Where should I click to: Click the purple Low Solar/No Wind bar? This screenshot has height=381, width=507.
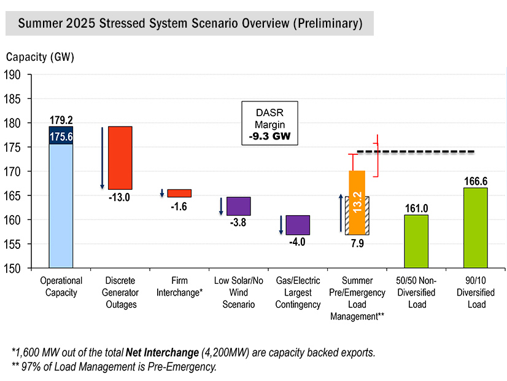point(239,206)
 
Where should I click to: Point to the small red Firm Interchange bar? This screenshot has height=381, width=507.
point(179,193)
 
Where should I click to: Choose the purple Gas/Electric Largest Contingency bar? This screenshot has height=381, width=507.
point(298,225)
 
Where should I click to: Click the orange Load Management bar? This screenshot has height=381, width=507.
point(357,184)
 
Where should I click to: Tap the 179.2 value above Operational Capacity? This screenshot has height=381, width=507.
point(61,119)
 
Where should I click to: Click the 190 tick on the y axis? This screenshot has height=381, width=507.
point(13,75)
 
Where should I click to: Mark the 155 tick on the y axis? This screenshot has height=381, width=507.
point(13,244)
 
